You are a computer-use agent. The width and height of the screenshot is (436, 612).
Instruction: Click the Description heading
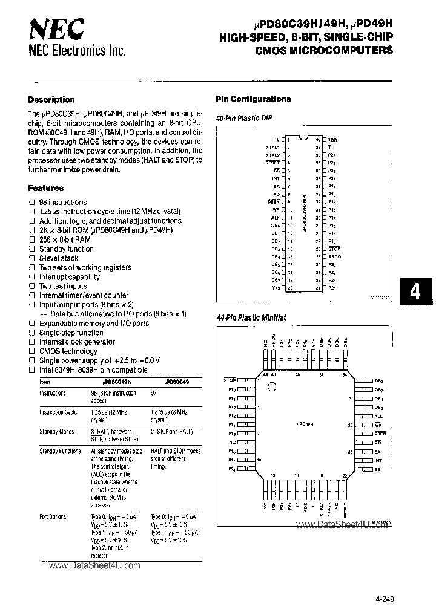point(51,100)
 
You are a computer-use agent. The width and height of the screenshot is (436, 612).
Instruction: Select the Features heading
point(45,188)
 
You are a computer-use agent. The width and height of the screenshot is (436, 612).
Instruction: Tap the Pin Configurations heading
point(253,99)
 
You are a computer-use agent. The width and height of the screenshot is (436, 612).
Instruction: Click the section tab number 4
point(415,292)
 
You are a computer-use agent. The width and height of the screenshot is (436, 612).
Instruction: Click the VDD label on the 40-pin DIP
point(332,140)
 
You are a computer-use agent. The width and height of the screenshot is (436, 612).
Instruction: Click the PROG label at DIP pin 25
point(334,256)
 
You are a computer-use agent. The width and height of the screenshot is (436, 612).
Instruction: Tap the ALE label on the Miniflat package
point(379,416)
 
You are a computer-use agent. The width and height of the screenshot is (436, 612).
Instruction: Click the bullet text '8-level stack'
point(59,258)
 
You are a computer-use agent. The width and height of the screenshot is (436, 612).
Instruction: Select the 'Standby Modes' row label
point(56,432)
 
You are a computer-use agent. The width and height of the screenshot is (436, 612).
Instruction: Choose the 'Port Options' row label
point(53,517)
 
